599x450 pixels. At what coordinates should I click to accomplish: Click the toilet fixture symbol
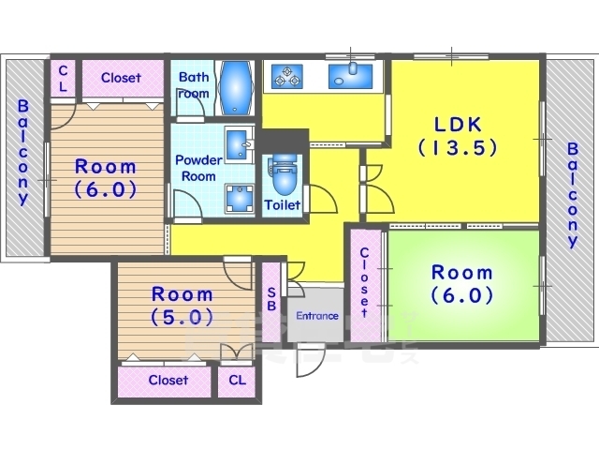click(x=284, y=175)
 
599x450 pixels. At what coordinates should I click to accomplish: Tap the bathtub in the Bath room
click(x=235, y=88)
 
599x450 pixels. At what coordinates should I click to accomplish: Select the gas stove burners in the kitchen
click(x=287, y=76)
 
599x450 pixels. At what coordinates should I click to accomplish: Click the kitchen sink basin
click(x=350, y=76)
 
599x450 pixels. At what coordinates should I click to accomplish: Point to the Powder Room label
click(x=198, y=168)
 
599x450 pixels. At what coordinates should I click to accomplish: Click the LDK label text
click(x=458, y=136)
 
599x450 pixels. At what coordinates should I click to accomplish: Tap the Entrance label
click(x=317, y=316)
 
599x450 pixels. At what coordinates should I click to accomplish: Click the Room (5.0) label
click(x=182, y=306)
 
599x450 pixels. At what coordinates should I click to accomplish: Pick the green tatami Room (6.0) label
click(x=461, y=283)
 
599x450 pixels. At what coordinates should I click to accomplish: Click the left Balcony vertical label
click(x=23, y=152)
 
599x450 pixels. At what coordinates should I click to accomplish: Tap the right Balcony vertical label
click(x=572, y=195)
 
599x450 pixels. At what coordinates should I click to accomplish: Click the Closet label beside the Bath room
click(x=121, y=78)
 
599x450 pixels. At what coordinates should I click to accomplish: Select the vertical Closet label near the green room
click(x=364, y=283)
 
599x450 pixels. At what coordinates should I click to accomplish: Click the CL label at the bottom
click(x=237, y=380)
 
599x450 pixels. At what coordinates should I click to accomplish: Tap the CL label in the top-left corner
click(x=63, y=78)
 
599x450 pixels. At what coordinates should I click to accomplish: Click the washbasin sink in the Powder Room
click(x=240, y=145)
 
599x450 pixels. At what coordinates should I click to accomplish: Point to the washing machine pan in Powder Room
click(x=240, y=198)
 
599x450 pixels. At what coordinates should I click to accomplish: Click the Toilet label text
click(x=283, y=205)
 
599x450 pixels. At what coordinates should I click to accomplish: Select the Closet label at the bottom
click(x=168, y=380)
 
